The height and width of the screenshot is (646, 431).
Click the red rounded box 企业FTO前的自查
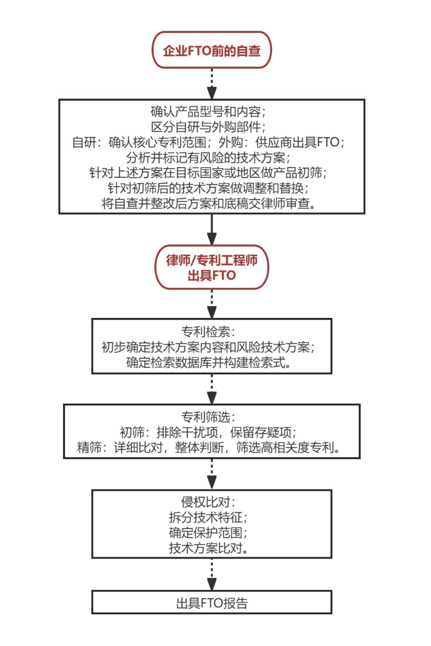211,50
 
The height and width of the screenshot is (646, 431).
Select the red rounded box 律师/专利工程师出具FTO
211,267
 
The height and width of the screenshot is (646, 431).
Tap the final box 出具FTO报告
211,603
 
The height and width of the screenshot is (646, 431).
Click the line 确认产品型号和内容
208,111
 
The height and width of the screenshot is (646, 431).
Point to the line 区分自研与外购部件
208,127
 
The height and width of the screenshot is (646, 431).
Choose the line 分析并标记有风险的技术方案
208,157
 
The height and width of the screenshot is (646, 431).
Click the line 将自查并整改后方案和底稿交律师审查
209,203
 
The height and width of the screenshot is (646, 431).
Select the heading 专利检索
208,332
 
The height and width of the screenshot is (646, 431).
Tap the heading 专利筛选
208,417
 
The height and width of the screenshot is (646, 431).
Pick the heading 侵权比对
208,502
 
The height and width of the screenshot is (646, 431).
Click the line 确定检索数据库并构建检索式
209,362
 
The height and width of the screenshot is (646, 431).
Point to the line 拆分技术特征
208,518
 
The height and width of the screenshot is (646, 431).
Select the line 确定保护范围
208,533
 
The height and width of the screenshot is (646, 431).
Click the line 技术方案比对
209,548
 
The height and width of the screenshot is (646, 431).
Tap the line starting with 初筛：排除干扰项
208,432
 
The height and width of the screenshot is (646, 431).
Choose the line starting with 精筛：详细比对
209,448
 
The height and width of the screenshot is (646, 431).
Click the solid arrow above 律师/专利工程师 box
212,229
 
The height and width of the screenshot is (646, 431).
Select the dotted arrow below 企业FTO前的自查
212,84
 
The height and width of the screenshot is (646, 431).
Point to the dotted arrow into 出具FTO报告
212,575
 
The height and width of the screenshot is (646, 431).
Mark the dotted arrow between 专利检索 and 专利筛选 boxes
212,389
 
